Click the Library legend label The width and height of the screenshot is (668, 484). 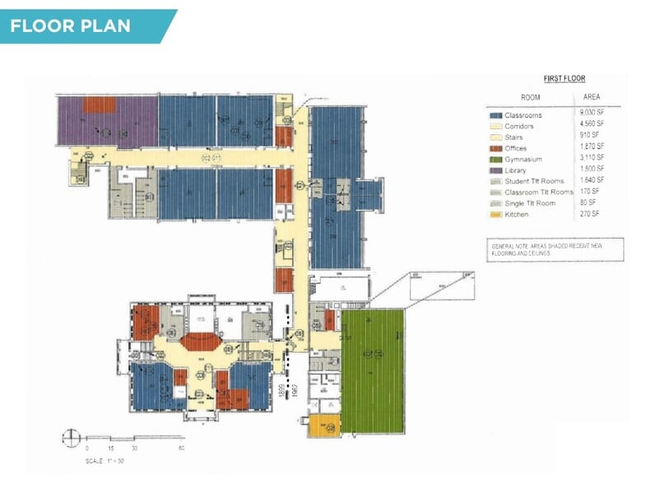[520, 170]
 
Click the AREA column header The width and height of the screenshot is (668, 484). [591, 97]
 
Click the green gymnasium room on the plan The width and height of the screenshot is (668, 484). [373, 370]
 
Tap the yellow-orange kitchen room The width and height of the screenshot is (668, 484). [323, 426]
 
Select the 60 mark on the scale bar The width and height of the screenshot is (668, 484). [181, 449]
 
